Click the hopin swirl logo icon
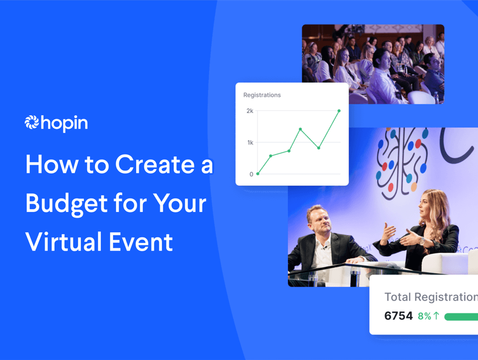point(32,122)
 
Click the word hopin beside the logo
point(64,123)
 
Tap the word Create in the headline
point(155,165)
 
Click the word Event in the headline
point(141,242)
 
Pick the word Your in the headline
point(179,203)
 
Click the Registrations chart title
point(262,95)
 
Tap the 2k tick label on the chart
point(250,111)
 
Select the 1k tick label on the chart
point(250,142)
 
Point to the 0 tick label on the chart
point(251,174)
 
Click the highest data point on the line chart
point(339,111)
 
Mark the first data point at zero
point(258,174)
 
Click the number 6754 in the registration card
point(398,316)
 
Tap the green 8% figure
point(425,316)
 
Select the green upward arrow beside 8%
point(436,316)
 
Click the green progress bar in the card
point(461,317)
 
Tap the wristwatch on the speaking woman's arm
point(422,241)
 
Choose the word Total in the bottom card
point(398,297)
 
